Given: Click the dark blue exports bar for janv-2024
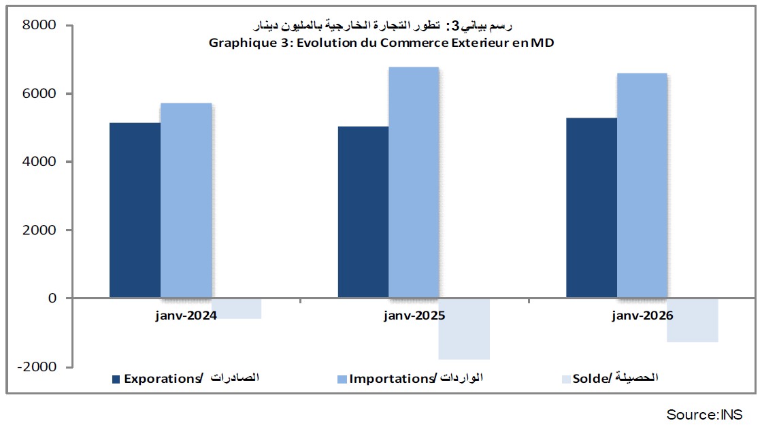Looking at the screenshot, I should (x=135, y=210).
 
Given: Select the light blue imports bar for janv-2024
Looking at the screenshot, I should (x=186, y=201).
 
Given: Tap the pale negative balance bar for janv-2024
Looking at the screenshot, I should (x=236, y=309).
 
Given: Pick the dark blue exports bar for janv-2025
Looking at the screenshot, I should (x=363, y=212).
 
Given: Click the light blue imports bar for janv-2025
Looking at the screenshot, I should (x=414, y=182).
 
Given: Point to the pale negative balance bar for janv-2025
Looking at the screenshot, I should (x=464, y=328).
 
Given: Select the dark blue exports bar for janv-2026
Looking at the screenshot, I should (x=591, y=207).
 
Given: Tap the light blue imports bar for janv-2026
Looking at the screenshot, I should (x=642, y=186).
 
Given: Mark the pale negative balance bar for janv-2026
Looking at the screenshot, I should (x=693, y=320).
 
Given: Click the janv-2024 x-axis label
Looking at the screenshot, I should (x=186, y=316).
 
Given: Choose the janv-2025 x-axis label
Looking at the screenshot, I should (x=414, y=316).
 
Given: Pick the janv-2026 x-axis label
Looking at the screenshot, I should (x=642, y=316).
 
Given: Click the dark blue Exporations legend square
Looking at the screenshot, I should (x=116, y=379).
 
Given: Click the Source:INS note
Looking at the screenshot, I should (x=704, y=414).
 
